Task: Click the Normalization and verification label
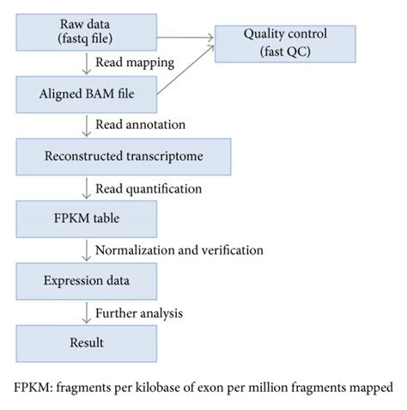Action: coord(179,250)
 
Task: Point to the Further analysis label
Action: coord(138,312)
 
